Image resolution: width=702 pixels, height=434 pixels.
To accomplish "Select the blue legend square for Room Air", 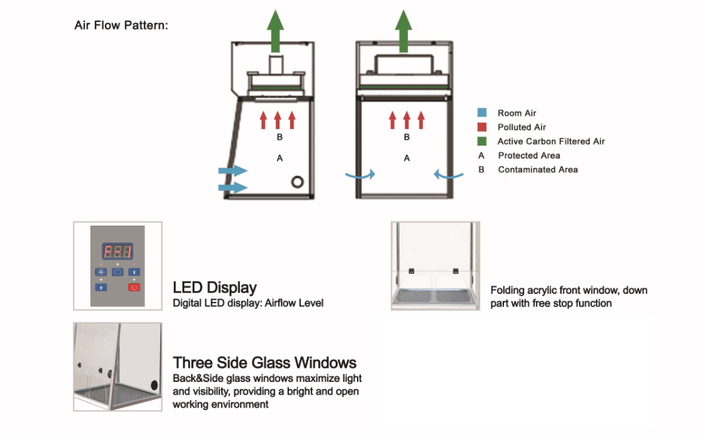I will [481, 113].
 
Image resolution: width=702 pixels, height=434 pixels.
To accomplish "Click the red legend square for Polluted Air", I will [481, 127].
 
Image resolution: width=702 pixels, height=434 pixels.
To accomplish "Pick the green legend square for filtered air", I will [481, 141].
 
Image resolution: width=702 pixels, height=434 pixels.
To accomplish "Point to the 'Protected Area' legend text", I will [529, 156].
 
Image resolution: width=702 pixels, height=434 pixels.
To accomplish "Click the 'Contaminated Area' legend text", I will [538, 170].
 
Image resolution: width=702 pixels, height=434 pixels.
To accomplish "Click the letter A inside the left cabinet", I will [279, 158].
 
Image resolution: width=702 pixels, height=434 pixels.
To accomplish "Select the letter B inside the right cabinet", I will [406, 138].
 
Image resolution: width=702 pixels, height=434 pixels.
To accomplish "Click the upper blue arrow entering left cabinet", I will [233, 172].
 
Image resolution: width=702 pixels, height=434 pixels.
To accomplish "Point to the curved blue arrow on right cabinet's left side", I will [360, 175].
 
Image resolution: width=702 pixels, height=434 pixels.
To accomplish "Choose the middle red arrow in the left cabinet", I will [277, 120].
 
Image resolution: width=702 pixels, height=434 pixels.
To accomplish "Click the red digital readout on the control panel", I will [117, 252].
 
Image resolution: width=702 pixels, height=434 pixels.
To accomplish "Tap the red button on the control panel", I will [134, 287].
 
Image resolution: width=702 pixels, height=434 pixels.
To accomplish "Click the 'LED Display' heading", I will [215, 288].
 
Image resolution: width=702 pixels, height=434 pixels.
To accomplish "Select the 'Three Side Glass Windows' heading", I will [265, 363].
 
